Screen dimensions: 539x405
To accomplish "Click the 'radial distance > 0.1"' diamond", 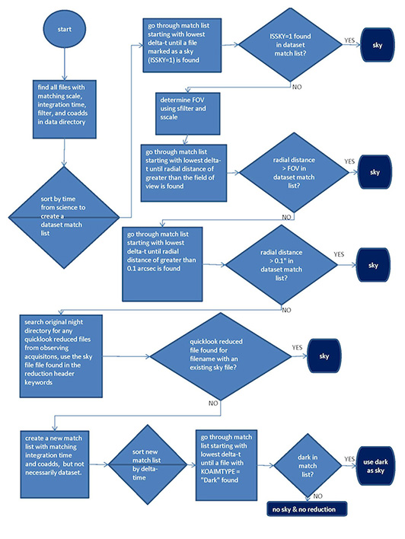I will tap(281, 263).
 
